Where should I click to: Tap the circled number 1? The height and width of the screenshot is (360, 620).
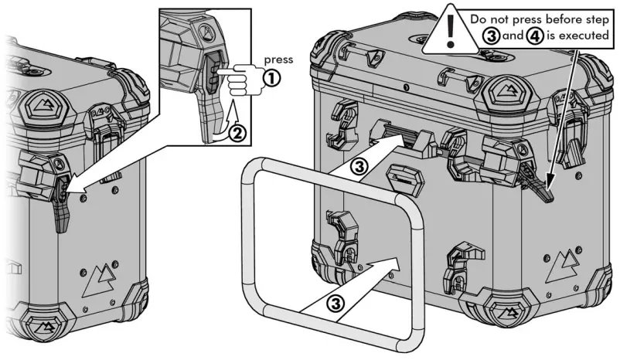(x=271, y=77)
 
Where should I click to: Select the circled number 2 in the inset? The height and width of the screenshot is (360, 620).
(x=240, y=132)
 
